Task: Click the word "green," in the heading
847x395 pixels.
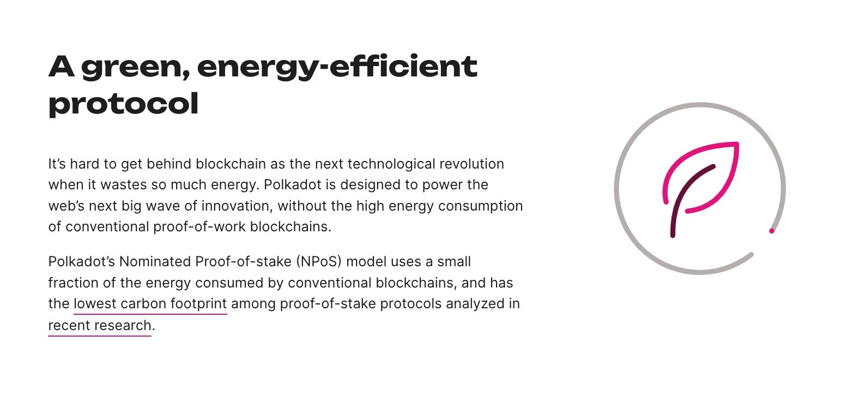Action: click(135, 68)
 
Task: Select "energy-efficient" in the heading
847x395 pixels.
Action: click(337, 68)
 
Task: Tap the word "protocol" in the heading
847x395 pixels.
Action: click(124, 104)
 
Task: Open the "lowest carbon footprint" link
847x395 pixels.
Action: click(150, 304)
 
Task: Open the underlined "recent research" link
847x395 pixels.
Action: click(100, 326)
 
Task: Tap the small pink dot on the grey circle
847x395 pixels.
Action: click(772, 231)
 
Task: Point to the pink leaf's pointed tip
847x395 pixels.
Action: click(737, 143)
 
